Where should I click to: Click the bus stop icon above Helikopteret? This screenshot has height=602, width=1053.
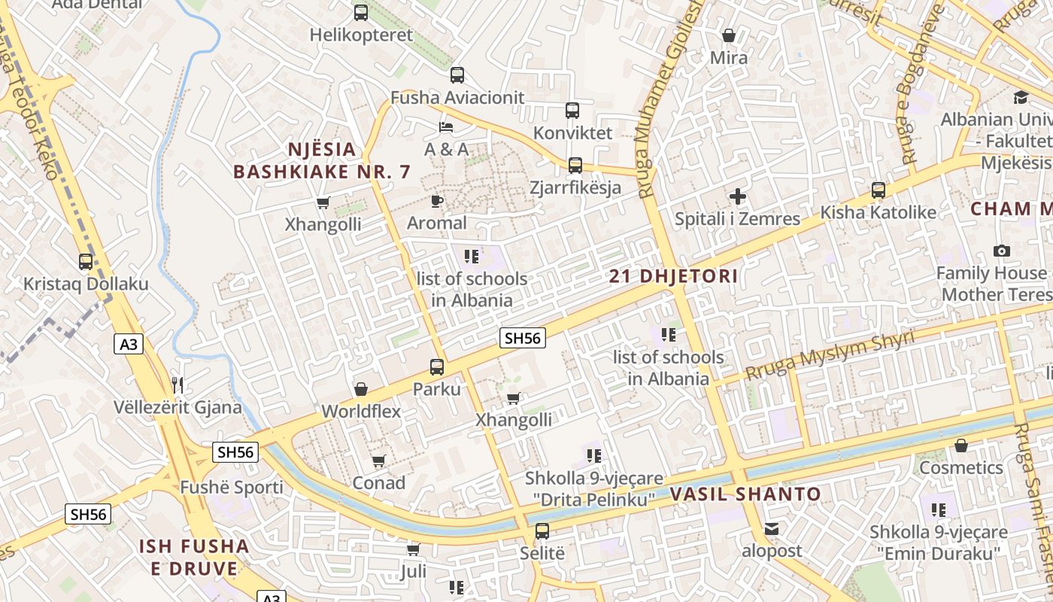pos(361,13)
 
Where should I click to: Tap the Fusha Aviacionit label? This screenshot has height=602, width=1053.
pos(457,98)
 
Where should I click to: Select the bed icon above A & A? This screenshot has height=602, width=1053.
pos(446,126)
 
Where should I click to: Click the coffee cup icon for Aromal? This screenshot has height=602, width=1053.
pos(436,201)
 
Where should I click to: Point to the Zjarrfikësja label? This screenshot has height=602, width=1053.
pos(575,187)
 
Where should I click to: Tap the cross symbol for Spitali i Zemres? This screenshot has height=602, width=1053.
pos(737,197)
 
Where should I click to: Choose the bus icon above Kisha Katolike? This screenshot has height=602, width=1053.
pos(878,190)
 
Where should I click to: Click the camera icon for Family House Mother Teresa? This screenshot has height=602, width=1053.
pos(1001,251)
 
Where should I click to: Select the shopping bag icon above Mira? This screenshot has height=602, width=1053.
pos(728,35)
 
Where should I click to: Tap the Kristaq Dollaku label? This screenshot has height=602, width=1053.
pos(86,284)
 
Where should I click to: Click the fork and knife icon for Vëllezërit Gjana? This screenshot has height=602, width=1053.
pos(178,385)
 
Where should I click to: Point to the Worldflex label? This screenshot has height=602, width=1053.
pos(361,412)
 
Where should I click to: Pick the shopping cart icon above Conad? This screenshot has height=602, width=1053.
pos(378,461)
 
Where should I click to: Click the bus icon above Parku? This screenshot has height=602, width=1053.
pos(436,367)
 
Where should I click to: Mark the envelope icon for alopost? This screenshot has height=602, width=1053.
pos(772,529)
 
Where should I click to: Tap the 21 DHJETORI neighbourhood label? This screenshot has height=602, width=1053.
pos(673,276)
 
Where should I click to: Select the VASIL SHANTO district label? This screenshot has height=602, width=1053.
pos(745,494)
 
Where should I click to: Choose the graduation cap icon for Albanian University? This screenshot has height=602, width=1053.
pos(1021,97)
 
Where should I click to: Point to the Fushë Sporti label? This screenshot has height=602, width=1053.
pos(232,487)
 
